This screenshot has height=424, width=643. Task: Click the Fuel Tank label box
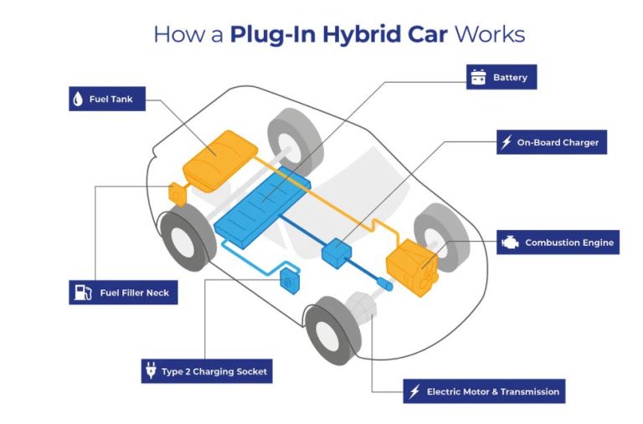[106, 99]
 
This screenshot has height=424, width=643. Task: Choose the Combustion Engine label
[558, 243]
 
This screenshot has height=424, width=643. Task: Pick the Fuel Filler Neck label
[124, 293]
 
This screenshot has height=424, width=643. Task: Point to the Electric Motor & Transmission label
[483, 391]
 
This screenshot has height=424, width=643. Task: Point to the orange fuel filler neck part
[178, 193]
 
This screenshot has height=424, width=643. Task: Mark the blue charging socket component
[288, 281]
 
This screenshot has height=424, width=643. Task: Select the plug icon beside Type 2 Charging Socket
[152, 370]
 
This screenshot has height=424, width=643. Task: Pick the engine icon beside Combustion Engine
[508, 243]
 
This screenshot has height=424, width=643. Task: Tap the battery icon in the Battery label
[478, 78]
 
